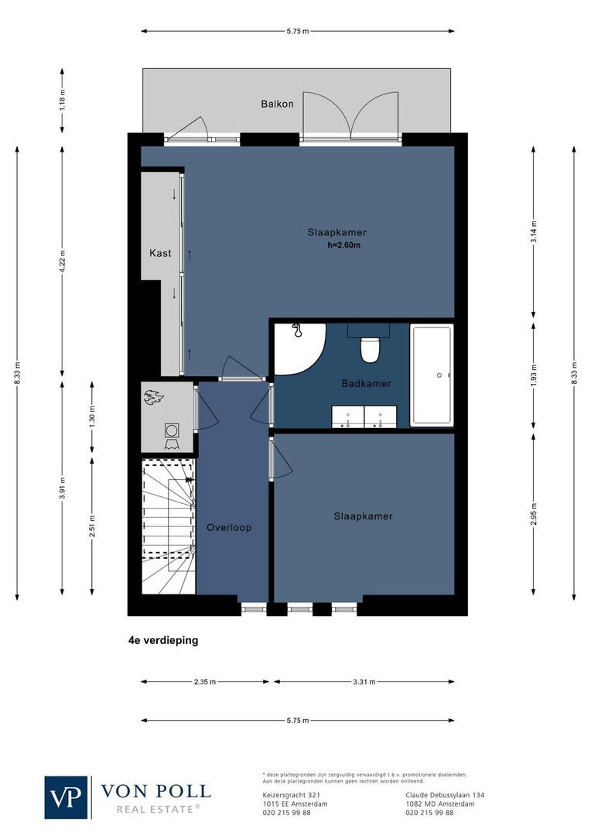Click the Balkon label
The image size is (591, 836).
click(277, 104)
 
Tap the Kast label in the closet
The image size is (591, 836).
click(160, 253)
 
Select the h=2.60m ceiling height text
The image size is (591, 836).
click(344, 245)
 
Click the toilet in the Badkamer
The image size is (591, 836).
click(370, 349)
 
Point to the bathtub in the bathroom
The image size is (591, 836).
click(431, 375)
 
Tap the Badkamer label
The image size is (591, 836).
click(366, 384)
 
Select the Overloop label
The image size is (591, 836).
click(229, 528)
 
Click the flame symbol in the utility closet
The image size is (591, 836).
click(154, 398)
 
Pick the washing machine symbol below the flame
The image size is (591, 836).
click(171, 430)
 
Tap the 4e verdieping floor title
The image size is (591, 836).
click(163, 640)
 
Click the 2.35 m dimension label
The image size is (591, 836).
click(205, 682)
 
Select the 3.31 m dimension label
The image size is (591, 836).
click(364, 682)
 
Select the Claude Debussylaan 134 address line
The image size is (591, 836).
click(445, 795)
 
